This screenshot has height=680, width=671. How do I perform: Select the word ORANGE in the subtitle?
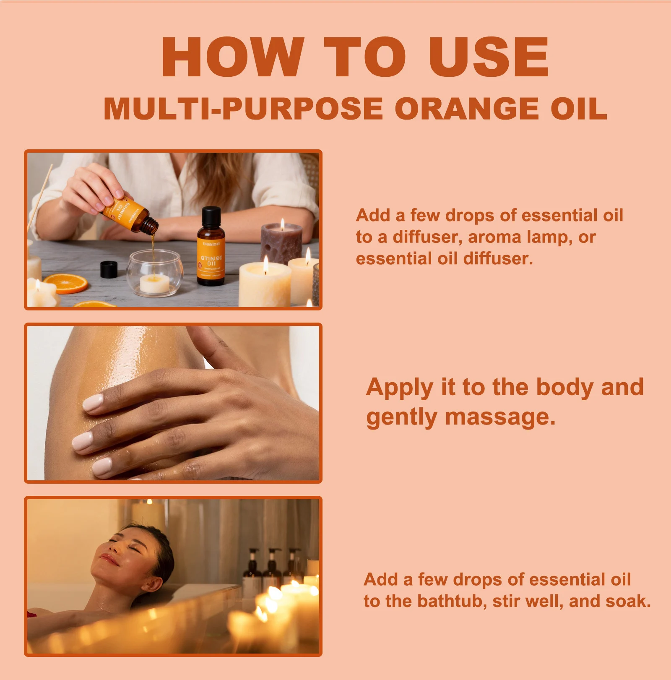coord(466,109)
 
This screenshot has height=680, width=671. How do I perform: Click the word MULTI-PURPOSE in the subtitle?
coord(243,109)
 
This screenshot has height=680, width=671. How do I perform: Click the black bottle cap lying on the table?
coord(109,269)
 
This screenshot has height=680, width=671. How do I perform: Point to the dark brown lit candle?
coord(281,243)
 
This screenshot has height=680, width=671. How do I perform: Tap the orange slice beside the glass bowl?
coord(66,283)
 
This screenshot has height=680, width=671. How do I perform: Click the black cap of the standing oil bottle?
coord(211,217)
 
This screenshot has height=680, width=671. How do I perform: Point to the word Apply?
coord(399,388)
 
